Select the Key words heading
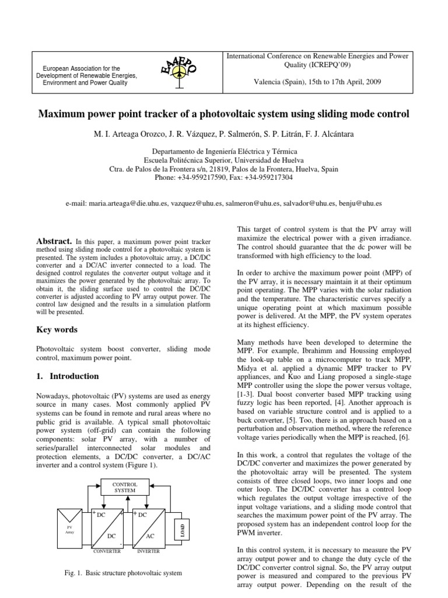click(x=57, y=329)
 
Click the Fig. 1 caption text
click(x=123, y=573)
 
